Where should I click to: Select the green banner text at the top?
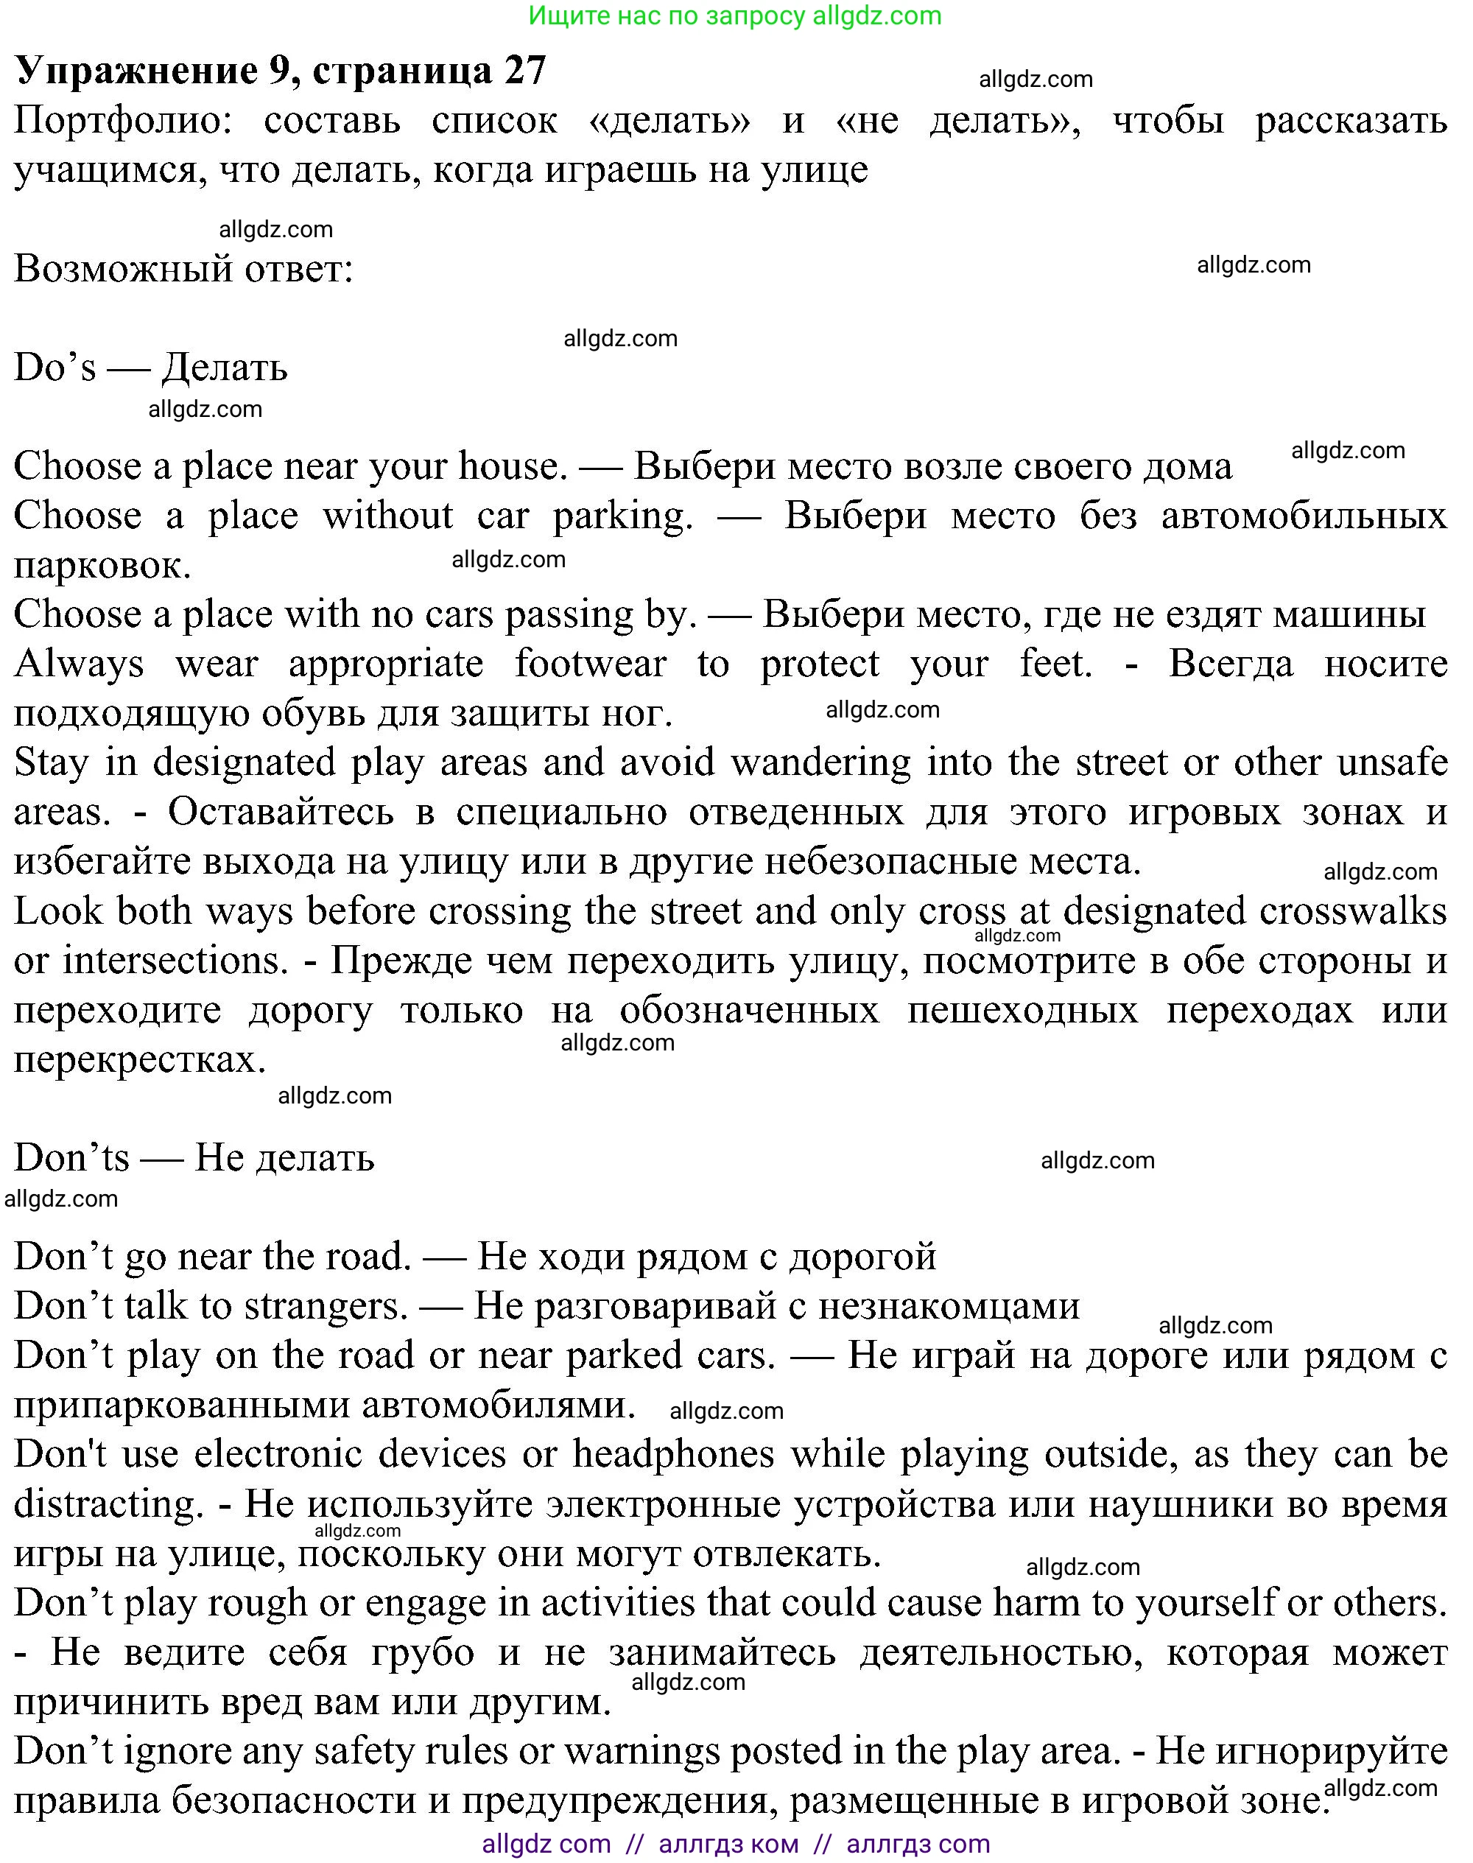coord(735,15)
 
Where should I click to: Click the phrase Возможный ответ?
coord(183,269)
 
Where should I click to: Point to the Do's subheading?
coord(150,368)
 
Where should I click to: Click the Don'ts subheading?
coord(194,1158)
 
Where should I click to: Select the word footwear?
coord(591,665)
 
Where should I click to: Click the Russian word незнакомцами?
coord(949,1307)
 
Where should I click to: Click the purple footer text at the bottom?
coord(736,1844)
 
